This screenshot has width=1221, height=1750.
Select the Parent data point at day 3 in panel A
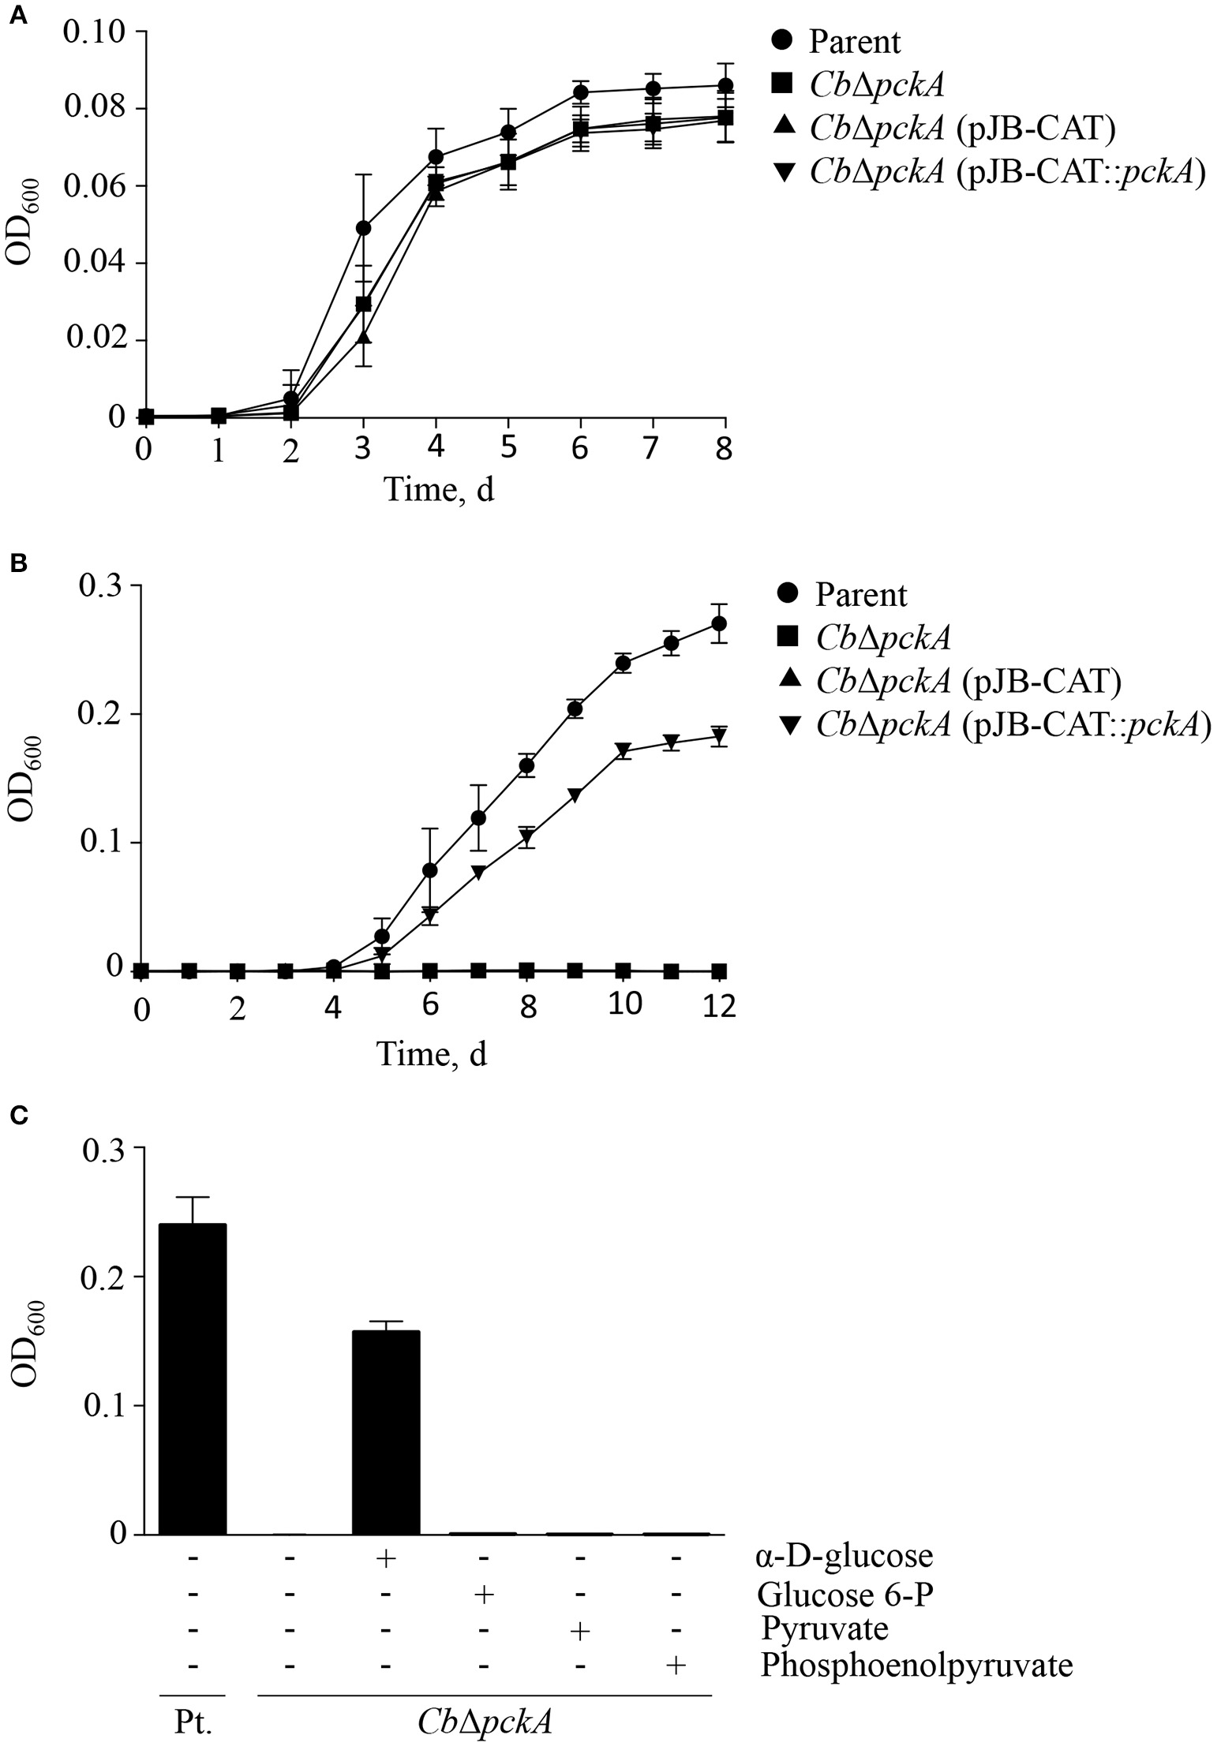(363, 228)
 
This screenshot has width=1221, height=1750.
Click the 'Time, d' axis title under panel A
(439, 490)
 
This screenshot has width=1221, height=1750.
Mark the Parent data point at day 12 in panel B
(719, 623)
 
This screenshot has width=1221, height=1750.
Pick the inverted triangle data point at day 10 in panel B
(624, 749)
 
